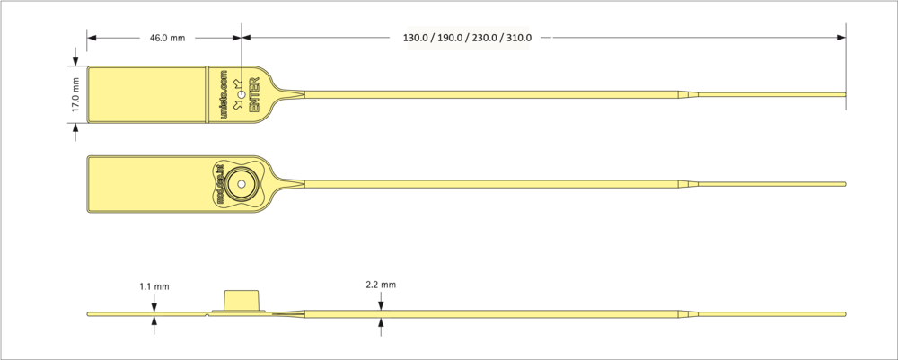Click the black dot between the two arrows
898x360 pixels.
coord(241,95)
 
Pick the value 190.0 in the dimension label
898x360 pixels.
coord(455,39)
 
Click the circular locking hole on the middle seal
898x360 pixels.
coord(240,185)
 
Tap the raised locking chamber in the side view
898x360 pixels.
coord(240,301)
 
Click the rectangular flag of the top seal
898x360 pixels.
coord(147,95)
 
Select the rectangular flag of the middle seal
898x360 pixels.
coord(147,185)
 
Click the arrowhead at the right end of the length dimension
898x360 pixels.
coord(841,38)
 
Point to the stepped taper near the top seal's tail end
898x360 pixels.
coord(690,94)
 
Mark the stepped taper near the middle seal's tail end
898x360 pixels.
coord(690,185)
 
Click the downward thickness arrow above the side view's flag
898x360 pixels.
coord(154,303)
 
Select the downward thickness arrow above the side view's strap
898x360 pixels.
coord(381,303)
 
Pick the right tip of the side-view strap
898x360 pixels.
coord(844,314)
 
